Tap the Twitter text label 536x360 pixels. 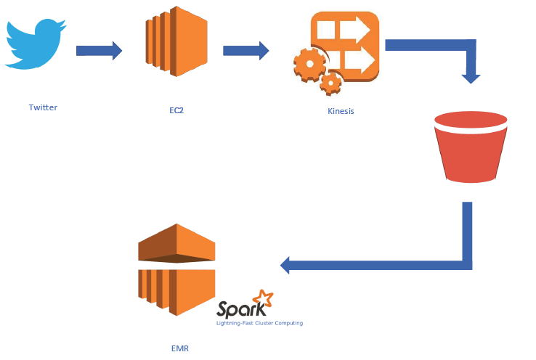[x=43, y=107]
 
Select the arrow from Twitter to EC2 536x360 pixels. [x=100, y=51]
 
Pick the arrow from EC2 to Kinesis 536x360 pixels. [x=245, y=51]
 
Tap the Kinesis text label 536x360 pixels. [x=341, y=111]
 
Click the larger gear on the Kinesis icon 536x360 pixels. [x=310, y=66]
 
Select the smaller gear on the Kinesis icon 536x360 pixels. [x=331, y=83]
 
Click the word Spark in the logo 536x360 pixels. [x=236, y=308]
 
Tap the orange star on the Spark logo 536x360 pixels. [x=261, y=298]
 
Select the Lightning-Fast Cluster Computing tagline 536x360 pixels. [x=259, y=322]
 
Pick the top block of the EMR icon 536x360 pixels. [x=177, y=243]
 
